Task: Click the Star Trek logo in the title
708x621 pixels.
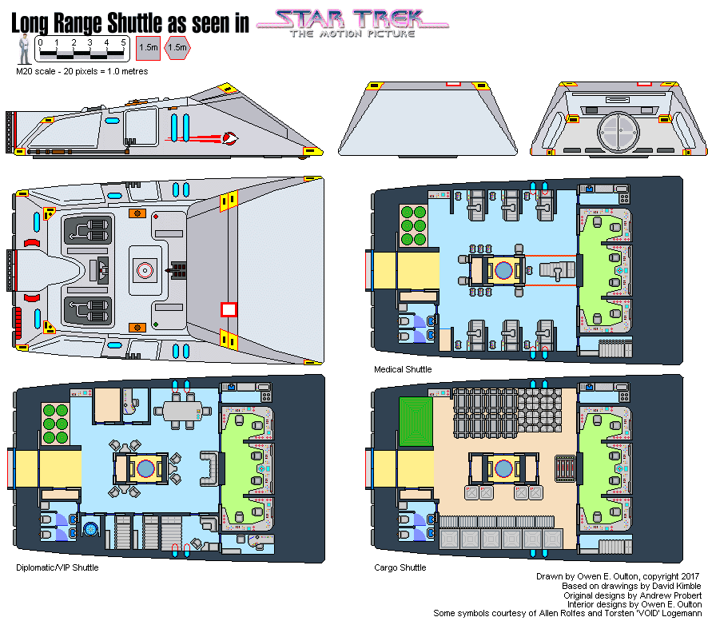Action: (x=352, y=23)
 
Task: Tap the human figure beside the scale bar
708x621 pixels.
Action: (x=24, y=50)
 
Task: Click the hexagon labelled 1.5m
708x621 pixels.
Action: (x=177, y=47)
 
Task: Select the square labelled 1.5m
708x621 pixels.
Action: (x=148, y=48)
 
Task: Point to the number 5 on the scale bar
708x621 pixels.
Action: (x=123, y=42)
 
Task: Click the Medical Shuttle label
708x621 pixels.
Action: (x=403, y=369)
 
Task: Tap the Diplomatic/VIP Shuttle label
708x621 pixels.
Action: (x=58, y=567)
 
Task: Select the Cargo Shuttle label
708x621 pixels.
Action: (x=400, y=567)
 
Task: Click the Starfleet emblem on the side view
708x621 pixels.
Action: (x=230, y=137)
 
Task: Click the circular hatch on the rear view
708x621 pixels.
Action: (x=619, y=133)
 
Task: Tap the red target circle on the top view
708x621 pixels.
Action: (x=145, y=270)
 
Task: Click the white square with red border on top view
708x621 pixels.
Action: (x=229, y=310)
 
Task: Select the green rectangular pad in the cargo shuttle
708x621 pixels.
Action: (x=416, y=421)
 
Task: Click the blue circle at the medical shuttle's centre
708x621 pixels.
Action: (x=503, y=270)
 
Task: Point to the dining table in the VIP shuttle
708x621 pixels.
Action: (x=182, y=412)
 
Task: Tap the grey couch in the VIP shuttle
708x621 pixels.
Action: (x=210, y=468)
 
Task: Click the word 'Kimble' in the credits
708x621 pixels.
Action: (x=686, y=586)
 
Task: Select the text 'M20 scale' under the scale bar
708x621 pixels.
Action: (x=36, y=71)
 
